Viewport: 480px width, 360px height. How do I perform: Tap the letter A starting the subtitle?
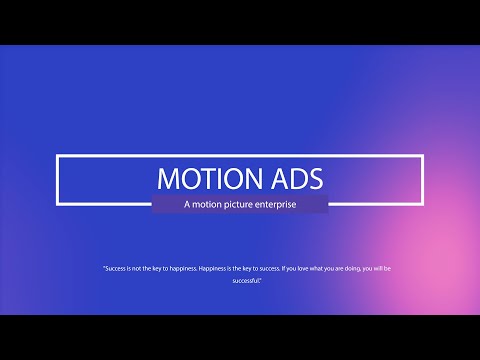point(186,204)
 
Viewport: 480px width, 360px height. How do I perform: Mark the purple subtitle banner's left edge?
point(153,204)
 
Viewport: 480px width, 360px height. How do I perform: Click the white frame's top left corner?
point(58,157)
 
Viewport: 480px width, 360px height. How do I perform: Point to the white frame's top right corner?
point(423,157)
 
